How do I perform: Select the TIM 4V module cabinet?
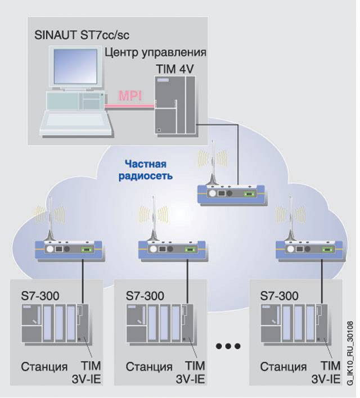(x=175, y=105)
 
